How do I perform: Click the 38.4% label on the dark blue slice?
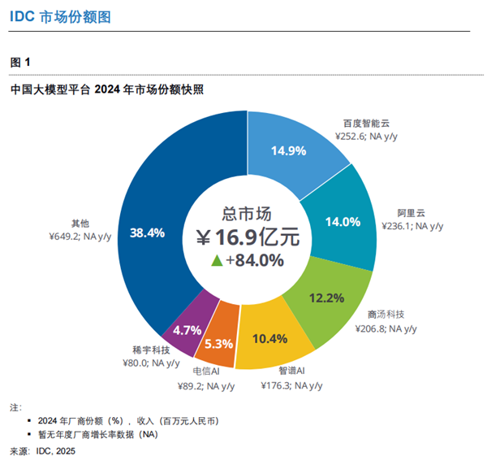click(x=147, y=233)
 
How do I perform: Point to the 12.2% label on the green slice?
click(x=326, y=298)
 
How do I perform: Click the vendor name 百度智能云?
click(x=367, y=123)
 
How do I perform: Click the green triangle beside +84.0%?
click(x=217, y=260)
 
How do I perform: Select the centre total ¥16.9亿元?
click(x=247, y=237)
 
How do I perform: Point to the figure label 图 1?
click(x=20, y=62)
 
